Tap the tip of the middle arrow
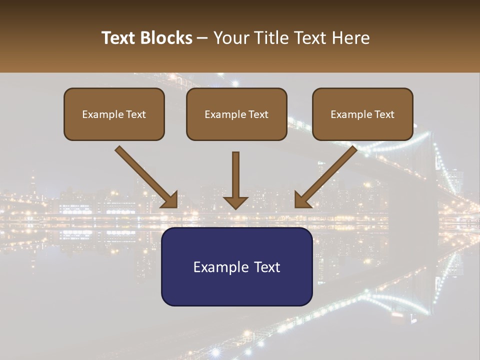(235, 207)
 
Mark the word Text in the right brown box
(384, 114)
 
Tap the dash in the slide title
(202, 38)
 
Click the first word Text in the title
(119, 38)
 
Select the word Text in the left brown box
(135, 114)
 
